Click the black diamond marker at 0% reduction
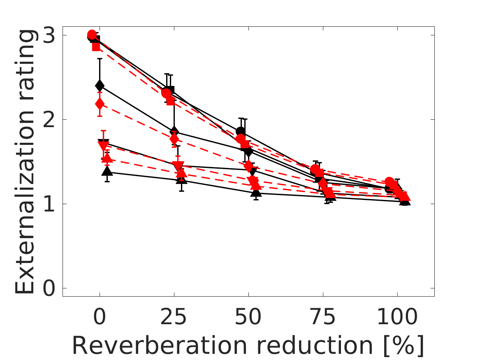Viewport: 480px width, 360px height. [100, 86]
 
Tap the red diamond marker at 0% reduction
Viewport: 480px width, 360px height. [100, 103]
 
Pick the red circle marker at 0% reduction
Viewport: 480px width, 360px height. [92, 35]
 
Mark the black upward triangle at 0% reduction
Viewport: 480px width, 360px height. [107, 172]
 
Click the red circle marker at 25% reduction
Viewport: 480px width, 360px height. [167, 93]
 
